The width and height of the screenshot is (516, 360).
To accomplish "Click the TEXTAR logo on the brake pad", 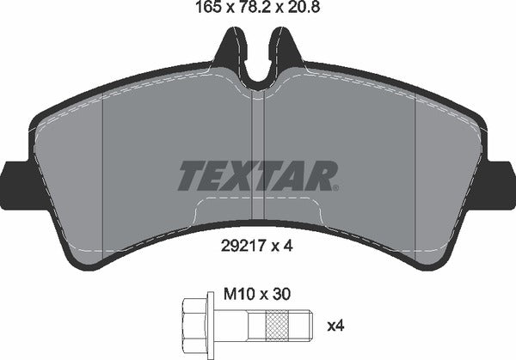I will click(x=255, y=176).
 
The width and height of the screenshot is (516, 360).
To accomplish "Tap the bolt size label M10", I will click(x=238, y=293).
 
